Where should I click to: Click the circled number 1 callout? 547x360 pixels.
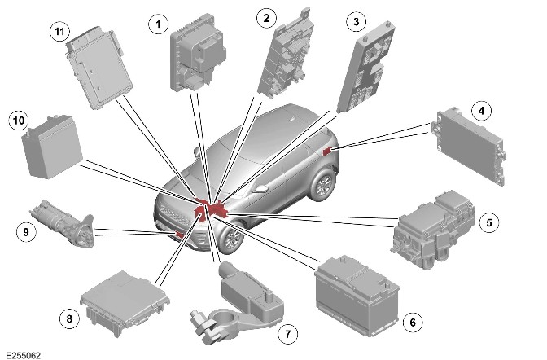[x=158, y=24]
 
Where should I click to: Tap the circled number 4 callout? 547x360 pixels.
[x=481, y=111]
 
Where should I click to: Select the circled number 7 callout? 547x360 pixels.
[x=288, y=335]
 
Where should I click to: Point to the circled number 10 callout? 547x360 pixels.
[x=19, y=121]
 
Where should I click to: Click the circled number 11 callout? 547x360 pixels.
[x=59, y=32]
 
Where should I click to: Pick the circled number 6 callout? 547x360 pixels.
[x=413, y=323]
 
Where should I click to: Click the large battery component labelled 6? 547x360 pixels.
[x=357, y=296]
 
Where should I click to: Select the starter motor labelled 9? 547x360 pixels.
[x=63, y=223]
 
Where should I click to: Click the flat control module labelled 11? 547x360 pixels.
[x=99, y=67]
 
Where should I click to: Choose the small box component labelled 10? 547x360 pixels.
[x=52, y=147]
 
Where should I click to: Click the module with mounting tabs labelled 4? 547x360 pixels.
[x=469, y=146]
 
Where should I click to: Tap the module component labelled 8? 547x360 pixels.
[x=125, y=303]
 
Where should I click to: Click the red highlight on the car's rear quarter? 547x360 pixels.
[x=327, y=151]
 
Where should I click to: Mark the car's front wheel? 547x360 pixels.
[x=231, y=239]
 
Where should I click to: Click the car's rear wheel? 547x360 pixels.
[x=322, y=185]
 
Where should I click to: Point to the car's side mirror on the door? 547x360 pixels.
[x=260, y=189]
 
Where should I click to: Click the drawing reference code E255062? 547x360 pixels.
[x=24, y=355]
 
